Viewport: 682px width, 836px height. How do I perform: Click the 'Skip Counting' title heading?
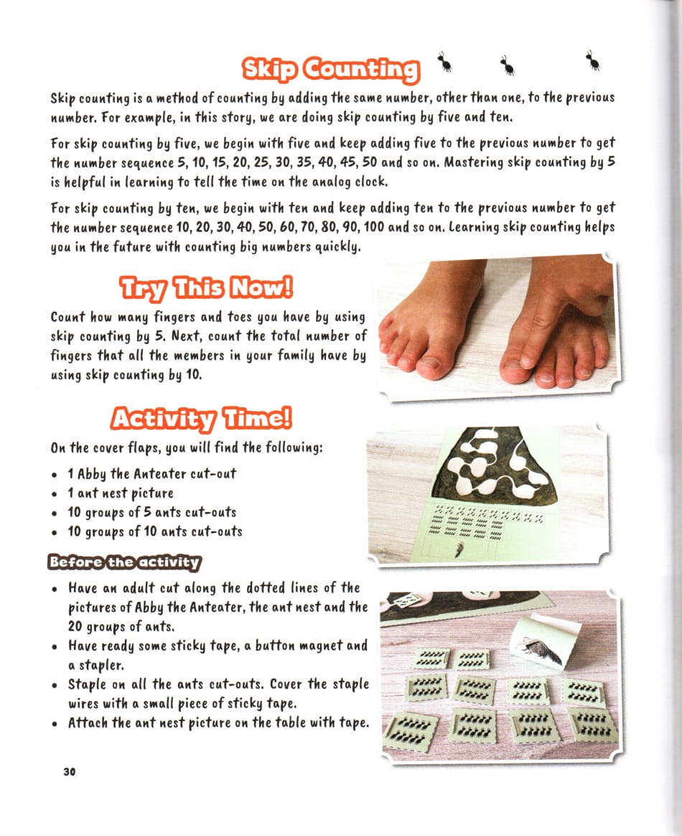click(x=330, y=69)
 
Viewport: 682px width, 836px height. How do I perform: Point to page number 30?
click(x=69, y=772)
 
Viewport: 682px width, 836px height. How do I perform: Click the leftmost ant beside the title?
click(x=446, y=62)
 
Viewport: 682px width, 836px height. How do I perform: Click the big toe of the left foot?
click(x=429, y=364)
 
